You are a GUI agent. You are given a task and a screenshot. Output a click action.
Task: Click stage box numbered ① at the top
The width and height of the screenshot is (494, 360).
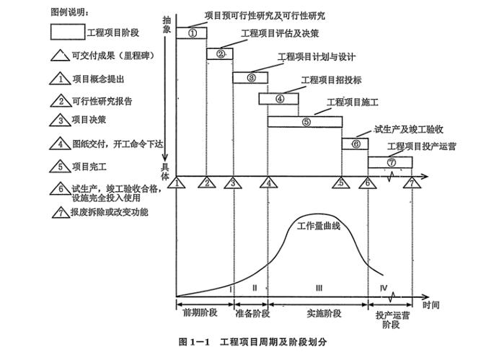tap(192, 33)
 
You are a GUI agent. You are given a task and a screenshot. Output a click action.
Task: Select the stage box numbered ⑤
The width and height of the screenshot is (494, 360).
tap(305, 121)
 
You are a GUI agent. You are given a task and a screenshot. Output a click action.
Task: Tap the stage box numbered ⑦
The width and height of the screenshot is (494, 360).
tap(391, 162)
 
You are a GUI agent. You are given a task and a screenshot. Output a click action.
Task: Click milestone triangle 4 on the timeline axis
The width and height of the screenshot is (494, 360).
tap(269, 183)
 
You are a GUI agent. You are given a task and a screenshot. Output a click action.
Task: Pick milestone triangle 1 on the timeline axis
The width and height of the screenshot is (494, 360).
tap(175, 183)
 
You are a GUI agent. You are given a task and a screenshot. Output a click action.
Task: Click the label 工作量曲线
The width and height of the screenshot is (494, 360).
tap(318, 227)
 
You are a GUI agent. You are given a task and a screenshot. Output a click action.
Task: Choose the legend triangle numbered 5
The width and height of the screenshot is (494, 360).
tap(61, 167)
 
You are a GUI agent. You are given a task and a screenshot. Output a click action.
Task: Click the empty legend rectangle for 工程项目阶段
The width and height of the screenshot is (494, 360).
tap(67, 32)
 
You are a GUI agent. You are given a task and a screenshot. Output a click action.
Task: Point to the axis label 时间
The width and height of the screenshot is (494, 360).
tap(432, 305)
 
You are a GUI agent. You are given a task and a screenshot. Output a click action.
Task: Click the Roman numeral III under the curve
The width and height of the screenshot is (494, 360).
tap(318, 288)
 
